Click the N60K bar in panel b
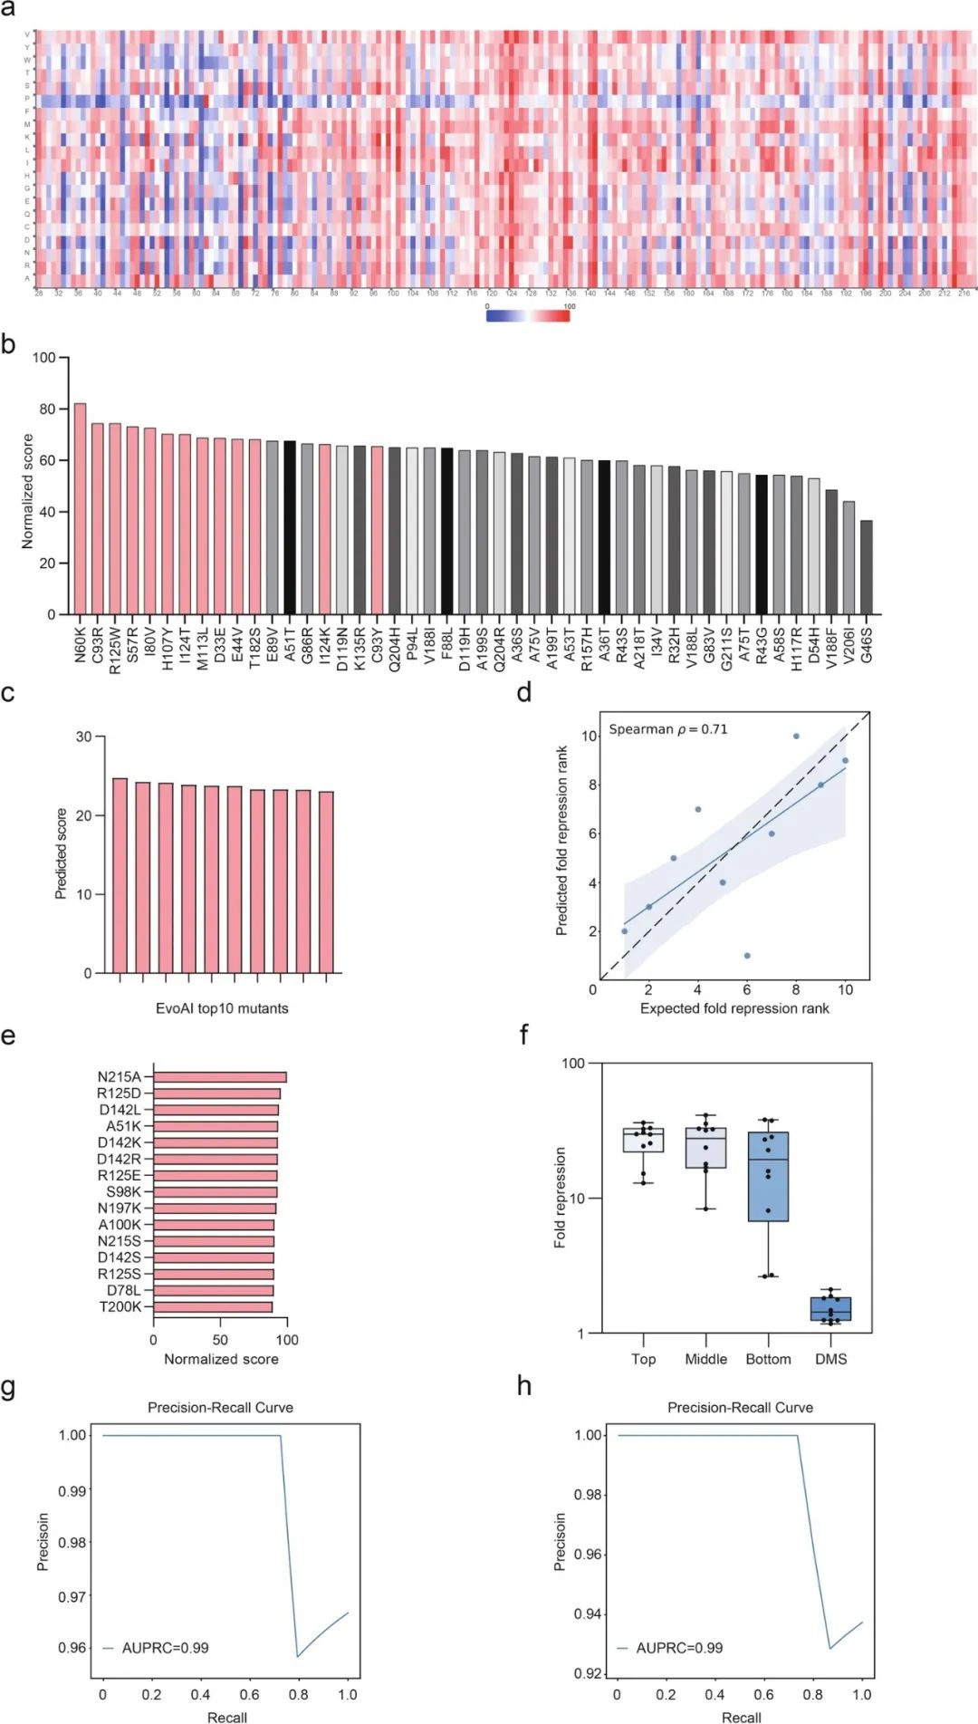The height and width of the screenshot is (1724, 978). [80, 509]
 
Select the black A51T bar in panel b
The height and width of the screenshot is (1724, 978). [290, 528]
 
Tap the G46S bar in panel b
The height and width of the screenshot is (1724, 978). [867, 568]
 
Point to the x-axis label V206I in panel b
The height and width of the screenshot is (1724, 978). [849, 645]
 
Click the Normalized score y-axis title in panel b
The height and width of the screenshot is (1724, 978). [27, 491]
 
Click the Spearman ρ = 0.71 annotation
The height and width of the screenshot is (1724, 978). [667, 729]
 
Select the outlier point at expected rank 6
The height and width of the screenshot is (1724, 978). [747, 956]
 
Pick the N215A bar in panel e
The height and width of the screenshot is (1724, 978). [220, 1077]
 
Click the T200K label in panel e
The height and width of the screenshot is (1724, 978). [120, 1306]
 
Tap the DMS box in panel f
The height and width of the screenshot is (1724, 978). [830, 1309]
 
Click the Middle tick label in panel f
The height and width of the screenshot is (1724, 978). [705, 1359]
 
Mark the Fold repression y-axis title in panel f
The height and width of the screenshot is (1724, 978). [560, 1198]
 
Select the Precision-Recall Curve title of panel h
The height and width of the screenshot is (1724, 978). [740, 1408]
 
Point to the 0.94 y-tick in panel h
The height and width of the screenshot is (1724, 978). [588, 1613]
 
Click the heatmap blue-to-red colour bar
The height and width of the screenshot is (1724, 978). [527, 315]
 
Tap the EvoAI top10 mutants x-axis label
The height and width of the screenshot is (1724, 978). [222, 1008]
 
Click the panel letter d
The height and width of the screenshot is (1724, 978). [524, 693]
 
